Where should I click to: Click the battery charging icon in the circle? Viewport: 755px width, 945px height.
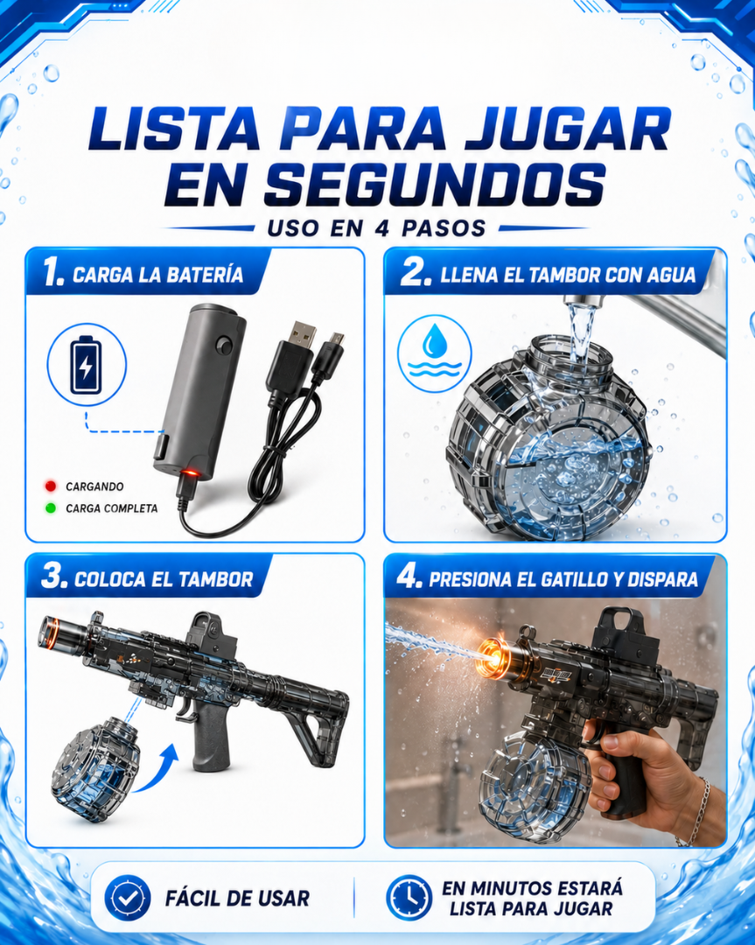click(86, 365)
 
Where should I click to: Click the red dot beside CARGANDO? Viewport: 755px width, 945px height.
click(51, 486)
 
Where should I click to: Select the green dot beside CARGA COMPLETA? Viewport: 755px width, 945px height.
click(51, 508)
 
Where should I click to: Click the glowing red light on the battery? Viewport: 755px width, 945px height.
click(190, 472)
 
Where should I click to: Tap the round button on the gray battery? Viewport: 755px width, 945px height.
click(225, 346)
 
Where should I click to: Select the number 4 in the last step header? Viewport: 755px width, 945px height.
click(409, 577)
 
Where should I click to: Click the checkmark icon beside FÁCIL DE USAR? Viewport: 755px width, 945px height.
click(127, 898)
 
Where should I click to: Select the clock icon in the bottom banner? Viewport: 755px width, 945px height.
click(409, 898)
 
